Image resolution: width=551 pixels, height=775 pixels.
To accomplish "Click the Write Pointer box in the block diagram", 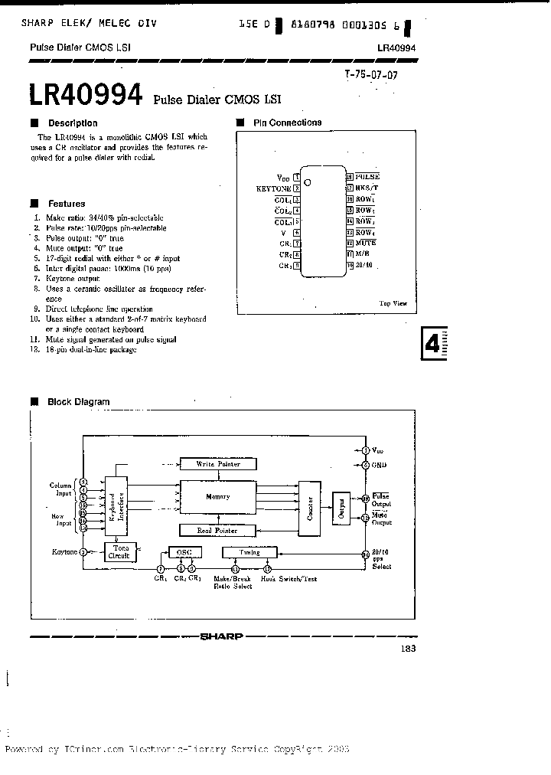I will (x=218, y=464).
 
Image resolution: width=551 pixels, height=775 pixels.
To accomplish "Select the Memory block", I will (x=218, y=497).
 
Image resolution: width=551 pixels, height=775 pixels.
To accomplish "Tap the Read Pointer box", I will (x=218, y=530).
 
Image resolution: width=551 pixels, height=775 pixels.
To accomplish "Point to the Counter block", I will (x=309, y=506).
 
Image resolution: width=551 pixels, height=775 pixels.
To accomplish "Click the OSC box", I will (x=184, y=551).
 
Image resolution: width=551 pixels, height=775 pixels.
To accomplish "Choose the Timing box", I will (x=249, y=551).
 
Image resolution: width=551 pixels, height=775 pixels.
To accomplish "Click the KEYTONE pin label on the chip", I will (x=274, y=188).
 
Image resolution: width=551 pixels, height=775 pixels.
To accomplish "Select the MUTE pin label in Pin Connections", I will (x=365, y=243).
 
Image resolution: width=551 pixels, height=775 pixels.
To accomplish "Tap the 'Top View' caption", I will (x=393, y=303).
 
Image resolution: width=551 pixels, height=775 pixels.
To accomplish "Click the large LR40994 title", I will (x=86, y=96).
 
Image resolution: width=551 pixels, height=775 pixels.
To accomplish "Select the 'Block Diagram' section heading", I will (x=78, y=401).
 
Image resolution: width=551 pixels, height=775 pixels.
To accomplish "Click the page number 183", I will (x=407, y=649).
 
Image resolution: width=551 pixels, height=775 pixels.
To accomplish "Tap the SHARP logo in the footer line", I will (x=221, y=636).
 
